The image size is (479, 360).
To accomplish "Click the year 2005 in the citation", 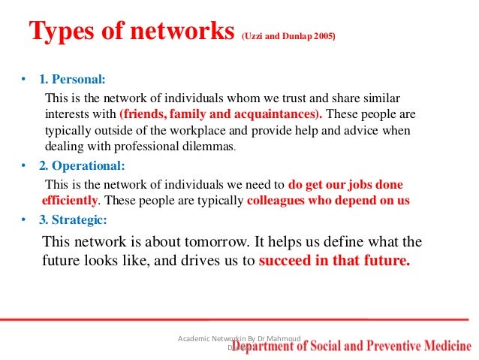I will click(x=323, y=35).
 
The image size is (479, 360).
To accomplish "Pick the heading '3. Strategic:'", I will click(x=74, y=221).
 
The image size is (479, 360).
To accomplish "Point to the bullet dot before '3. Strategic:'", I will click(x=24, y=221).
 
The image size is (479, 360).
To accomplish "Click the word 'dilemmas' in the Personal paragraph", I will click(x=207, y=146).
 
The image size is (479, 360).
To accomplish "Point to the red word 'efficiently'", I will click(x=69, y=201).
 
